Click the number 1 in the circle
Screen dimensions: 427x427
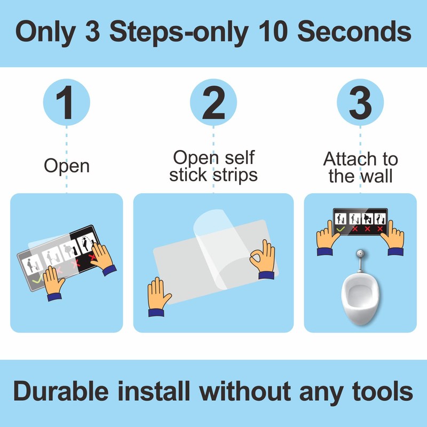pos(65,102)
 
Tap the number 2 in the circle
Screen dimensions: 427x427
pos(213,102)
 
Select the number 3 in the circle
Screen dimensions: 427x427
pos(360,102)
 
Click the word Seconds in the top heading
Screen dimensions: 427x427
pos(354,31)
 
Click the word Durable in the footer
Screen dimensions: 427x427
pos(61,391)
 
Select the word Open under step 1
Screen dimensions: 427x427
pos(67,166)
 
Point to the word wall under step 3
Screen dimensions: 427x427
pos(376,176)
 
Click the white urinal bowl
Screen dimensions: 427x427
pos(360,298)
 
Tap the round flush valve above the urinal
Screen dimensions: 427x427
pos(360,254)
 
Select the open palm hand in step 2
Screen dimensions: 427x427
pos(158,296)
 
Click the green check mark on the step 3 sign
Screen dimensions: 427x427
pos(341,230)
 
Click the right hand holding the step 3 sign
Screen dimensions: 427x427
pos(393,238)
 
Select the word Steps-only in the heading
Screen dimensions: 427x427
pos(179,32)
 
